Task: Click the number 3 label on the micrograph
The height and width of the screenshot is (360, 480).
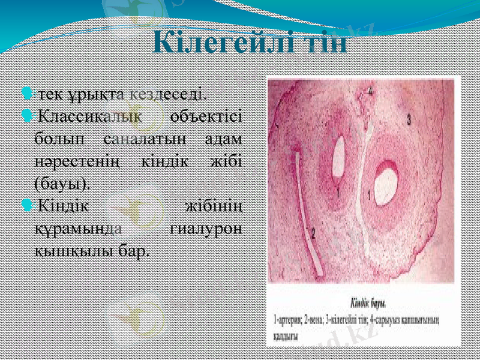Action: pyautogui.click(x=409, y=119)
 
